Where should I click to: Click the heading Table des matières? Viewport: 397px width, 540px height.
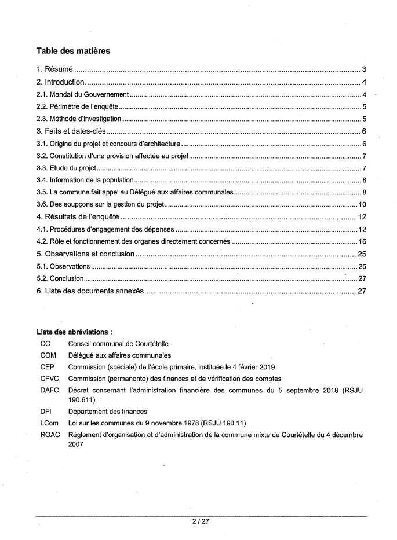coord(73,51)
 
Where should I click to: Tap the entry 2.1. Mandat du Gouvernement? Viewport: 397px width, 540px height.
coord(83,94)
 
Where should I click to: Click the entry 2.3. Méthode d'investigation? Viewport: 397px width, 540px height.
coord(78,119)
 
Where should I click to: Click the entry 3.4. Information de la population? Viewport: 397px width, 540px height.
coord(85,181)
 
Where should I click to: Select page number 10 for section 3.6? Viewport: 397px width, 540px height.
coord(363,205)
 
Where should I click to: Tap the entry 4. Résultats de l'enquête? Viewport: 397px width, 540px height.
coord(78,218)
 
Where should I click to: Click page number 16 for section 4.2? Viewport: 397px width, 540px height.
coord(363,241)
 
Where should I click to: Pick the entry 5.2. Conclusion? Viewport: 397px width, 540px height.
coord(60,278)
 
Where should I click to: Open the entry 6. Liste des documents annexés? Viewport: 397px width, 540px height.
coord(90,291)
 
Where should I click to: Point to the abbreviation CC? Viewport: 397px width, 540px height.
coord(46,344)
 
